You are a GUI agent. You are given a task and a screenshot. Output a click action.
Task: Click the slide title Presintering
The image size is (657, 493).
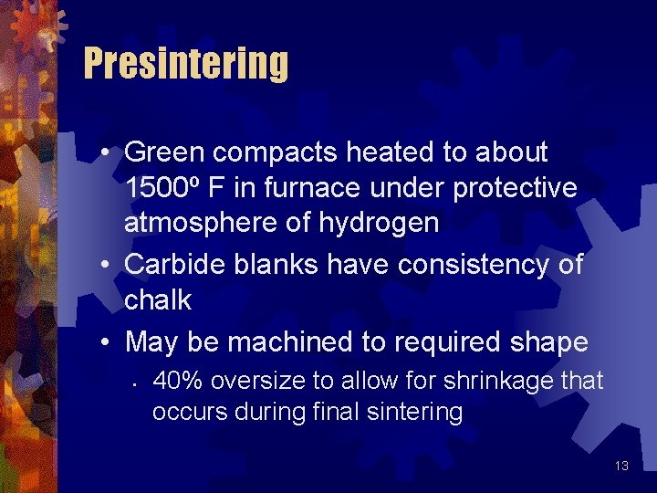point(186,64)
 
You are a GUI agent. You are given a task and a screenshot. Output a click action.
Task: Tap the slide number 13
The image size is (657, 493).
point(621,466)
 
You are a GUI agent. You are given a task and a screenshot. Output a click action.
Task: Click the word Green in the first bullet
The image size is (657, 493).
point(162,152)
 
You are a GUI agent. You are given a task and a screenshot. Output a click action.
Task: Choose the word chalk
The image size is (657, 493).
point(158,300)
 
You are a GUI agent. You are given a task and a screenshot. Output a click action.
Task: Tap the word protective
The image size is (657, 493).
point(516,187)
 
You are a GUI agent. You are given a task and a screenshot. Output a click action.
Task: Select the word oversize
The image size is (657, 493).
point(241,381)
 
